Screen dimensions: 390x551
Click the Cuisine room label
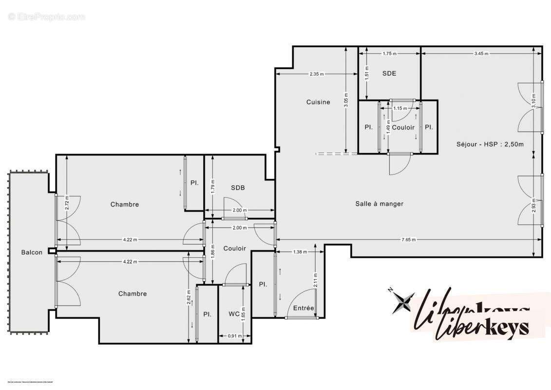pos(318,102)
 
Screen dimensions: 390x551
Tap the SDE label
pos(389,74)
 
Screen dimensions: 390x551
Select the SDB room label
pos(238,188)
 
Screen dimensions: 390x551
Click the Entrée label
pos(304,308)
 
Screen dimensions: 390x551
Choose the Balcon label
pos(32,252)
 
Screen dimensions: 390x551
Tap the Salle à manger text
pos(379,204)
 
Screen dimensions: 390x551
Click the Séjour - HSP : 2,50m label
pos(490,144)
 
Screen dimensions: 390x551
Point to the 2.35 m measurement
pos(316,74)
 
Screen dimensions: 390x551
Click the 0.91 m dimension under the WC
pos(235,336)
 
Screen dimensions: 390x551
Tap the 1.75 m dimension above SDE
pos(389,54)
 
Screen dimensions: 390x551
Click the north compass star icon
pos(404,302)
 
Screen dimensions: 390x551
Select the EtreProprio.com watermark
pos(47,17)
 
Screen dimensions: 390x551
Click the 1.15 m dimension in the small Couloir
pos(400,108)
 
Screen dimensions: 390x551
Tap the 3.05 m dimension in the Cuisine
pos(345,100)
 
